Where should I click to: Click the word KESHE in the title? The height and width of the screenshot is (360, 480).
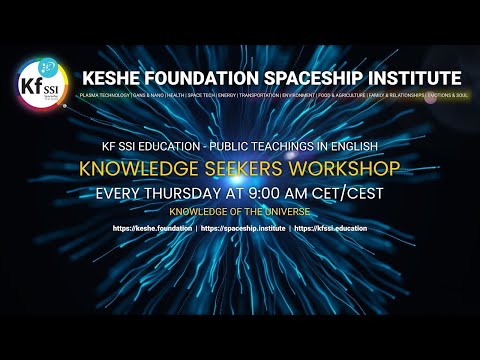112,78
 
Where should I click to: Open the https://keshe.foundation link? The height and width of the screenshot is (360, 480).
153,229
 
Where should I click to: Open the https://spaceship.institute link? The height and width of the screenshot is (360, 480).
242,229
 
